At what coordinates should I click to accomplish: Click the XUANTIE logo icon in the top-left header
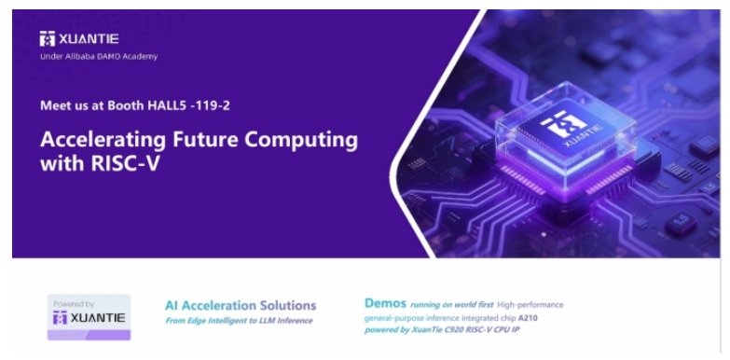(47, 38)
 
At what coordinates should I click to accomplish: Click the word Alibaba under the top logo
(85, 57)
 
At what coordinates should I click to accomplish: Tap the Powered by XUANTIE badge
(89, 317)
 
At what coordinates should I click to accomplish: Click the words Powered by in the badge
(74, 304)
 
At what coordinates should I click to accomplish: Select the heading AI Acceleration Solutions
(241, 306)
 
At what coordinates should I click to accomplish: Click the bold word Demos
(385, 303)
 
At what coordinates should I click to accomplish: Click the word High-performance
(530, 305)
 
